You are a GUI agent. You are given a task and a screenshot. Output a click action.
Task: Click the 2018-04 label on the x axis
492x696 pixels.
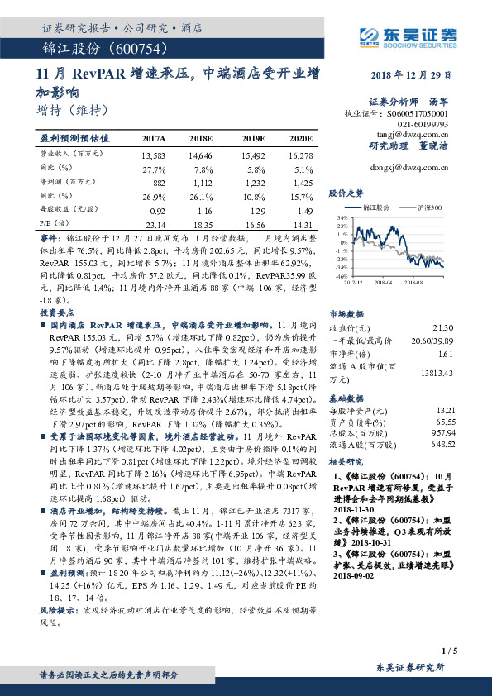[388, 281]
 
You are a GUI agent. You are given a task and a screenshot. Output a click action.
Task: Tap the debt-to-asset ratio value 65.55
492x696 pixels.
[444, 420]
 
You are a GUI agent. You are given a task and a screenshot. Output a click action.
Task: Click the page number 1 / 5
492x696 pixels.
[449, 652]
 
